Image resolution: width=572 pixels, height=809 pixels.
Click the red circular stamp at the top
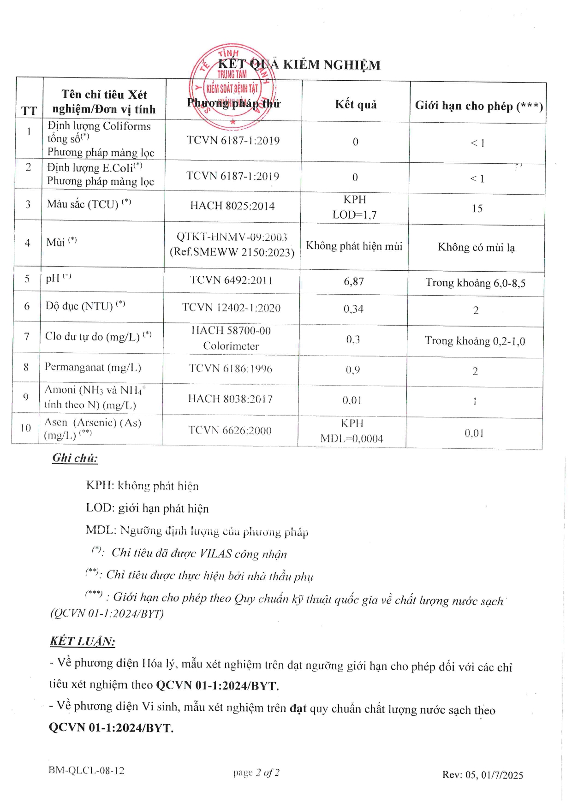pos(232,86)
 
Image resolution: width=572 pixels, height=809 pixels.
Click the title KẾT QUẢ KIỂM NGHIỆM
pos(299,65)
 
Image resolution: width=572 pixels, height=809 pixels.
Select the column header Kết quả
pos(356,105)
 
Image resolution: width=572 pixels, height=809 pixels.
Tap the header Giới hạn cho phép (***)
pos(478,106)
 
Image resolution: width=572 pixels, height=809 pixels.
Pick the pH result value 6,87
pos(354,281)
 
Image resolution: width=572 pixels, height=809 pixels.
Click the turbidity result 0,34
pos(353,309)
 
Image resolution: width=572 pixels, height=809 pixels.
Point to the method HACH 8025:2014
pos(232,206)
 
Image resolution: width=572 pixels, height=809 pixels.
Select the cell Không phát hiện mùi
pos(354,246)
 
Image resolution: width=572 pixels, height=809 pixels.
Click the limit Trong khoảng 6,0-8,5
pos(475,283)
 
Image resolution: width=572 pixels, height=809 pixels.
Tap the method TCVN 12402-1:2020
pos(231,308)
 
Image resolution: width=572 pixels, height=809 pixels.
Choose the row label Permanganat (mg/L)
pos(93,368)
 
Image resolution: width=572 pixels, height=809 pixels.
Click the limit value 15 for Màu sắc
pos(477,208)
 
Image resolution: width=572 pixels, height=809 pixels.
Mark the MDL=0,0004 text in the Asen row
pos(352,439)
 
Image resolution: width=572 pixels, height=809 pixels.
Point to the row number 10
pos(26,428)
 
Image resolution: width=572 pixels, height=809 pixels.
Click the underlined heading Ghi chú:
pos(75,458)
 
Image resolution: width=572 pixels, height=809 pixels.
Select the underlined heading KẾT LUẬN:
pos(83,641)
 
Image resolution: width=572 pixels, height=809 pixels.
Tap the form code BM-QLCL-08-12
pos(86,771)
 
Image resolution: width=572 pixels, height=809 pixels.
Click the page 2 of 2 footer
pos(256,773)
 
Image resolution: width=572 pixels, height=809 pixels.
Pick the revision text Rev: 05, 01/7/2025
pos(483,775)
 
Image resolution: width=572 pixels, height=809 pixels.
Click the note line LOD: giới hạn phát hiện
pos(147,508)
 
